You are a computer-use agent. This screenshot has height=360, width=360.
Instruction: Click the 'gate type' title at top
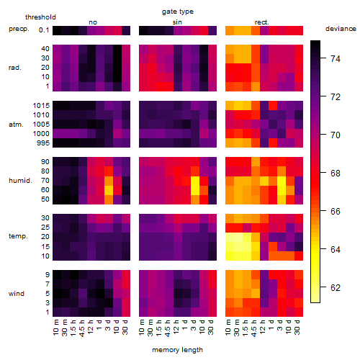click(x=178, y=12)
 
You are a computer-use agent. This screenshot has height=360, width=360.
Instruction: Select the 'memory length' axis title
click(x=177, y=350)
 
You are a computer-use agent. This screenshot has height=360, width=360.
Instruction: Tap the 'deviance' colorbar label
click(x=341, y=29)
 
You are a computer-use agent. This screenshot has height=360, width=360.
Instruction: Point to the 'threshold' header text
click(x=40, y=17)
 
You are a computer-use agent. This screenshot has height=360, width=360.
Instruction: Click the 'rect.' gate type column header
click(x=262, y=22)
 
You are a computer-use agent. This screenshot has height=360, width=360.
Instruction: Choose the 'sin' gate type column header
click(x=177, y=22)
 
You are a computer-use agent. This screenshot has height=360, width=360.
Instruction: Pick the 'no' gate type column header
click(x=93, y=22)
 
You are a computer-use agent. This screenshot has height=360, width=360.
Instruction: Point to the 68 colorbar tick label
click(x=336, y=174)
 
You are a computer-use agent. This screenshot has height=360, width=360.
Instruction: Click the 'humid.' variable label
click(x=20, y=181)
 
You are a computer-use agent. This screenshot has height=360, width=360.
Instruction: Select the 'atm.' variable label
click(x=16, y=125)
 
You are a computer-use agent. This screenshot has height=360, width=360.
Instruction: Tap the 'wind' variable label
click(x=17, y=294)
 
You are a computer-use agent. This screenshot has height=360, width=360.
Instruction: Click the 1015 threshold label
click(x=41, y=106)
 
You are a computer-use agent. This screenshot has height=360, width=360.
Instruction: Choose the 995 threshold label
click(x=43, y=143)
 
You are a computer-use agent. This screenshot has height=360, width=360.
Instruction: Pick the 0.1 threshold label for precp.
click(x=44, y=30)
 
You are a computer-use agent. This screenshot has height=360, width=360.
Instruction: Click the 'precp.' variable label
click(x=19, y=30)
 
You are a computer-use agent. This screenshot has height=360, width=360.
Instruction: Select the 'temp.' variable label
click(x=18, y=236)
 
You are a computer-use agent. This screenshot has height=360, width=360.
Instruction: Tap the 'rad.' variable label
click(x=15, y=68)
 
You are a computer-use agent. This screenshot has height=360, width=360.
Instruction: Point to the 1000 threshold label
click(x=41, y=134)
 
